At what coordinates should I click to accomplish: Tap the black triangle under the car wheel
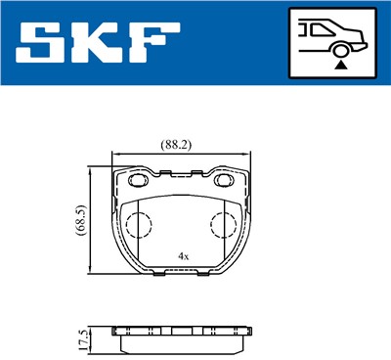pyautogui.click(x=339, y=64)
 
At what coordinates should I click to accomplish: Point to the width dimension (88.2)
pyautogui.click(x=175, y=144)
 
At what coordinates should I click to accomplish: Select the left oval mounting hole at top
pyautogui.click(x=134, y=183)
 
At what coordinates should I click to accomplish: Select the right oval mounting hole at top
pyautogui.click(x=232, y=183)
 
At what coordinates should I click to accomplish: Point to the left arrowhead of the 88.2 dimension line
pyautogui.click(x=116, y=155)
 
